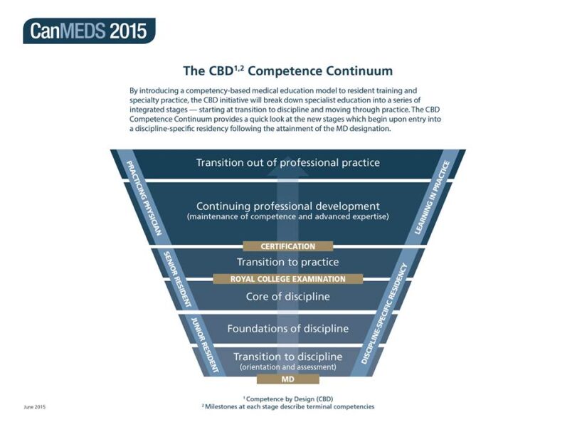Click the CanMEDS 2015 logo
[88, 31]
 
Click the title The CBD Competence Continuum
[287, 71]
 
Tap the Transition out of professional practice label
[287, 163]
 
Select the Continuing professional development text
[287, 206]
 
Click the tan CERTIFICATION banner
[287, 246]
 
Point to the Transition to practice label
[287, 263]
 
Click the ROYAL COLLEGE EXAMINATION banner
[287, 279]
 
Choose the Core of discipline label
[287, 296]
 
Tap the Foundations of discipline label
[287, 328]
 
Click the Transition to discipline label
[287, 356]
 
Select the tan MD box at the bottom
[287, 379]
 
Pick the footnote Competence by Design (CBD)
[287, 399]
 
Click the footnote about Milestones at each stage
[287, 406]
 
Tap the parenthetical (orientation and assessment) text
[287, 367]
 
